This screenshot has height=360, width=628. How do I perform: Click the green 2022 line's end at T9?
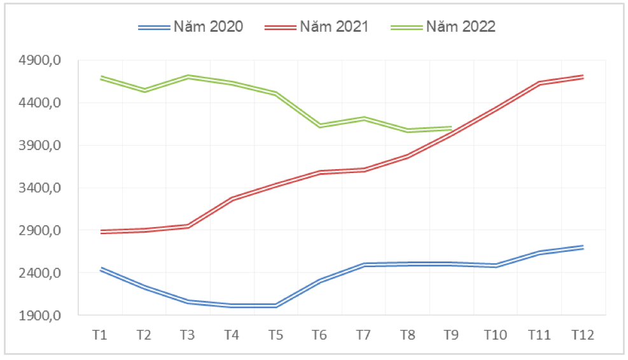click(451, 128)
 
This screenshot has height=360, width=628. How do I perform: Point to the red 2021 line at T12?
click(583, 77)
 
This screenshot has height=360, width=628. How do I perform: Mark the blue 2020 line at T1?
click(101, 269)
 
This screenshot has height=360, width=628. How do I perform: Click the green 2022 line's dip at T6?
click(319, 126)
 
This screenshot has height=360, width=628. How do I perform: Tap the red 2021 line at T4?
click(232, 199)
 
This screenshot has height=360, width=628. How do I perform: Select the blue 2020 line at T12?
click(583, 247)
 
